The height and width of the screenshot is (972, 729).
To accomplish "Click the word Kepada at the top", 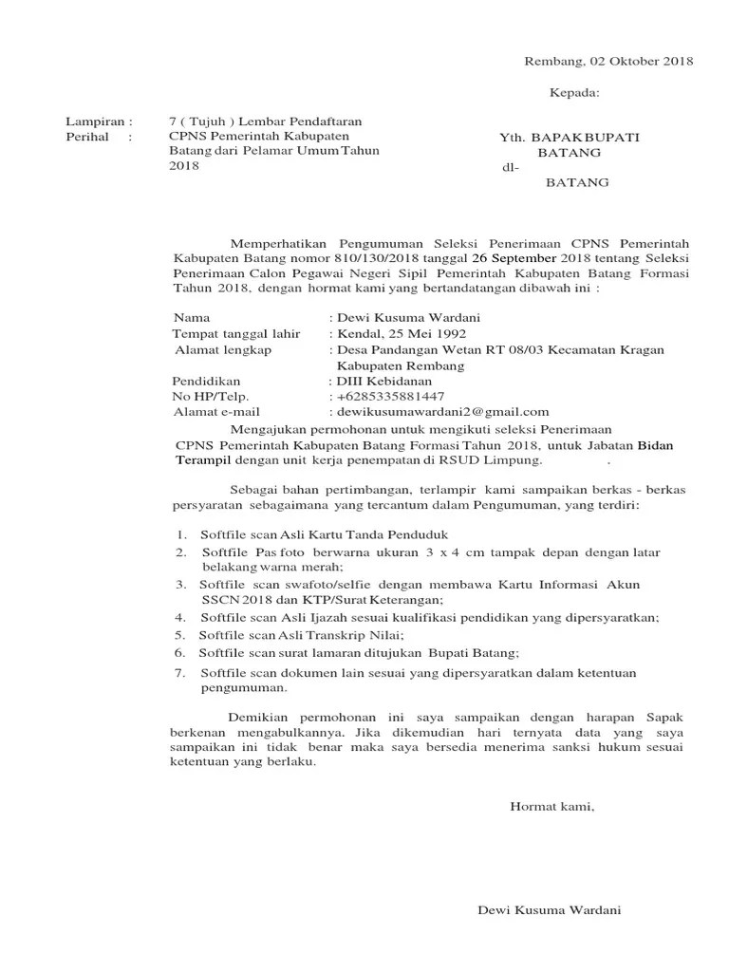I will tap(575, 93).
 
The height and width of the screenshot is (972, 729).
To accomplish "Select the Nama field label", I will tap(193, 318).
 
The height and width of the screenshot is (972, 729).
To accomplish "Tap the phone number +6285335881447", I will tap(391, 396).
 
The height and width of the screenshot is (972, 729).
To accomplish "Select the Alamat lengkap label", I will tap(223, 349).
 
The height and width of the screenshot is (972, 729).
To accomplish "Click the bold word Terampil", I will tap(202, 460).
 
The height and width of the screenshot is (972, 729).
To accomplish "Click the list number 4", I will tap(180, 617).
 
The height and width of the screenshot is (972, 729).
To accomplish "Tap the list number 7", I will tap(180, 673).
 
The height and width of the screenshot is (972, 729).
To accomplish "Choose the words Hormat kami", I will tap(552, 807).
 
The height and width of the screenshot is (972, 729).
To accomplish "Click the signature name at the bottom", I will tap(549, 911).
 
